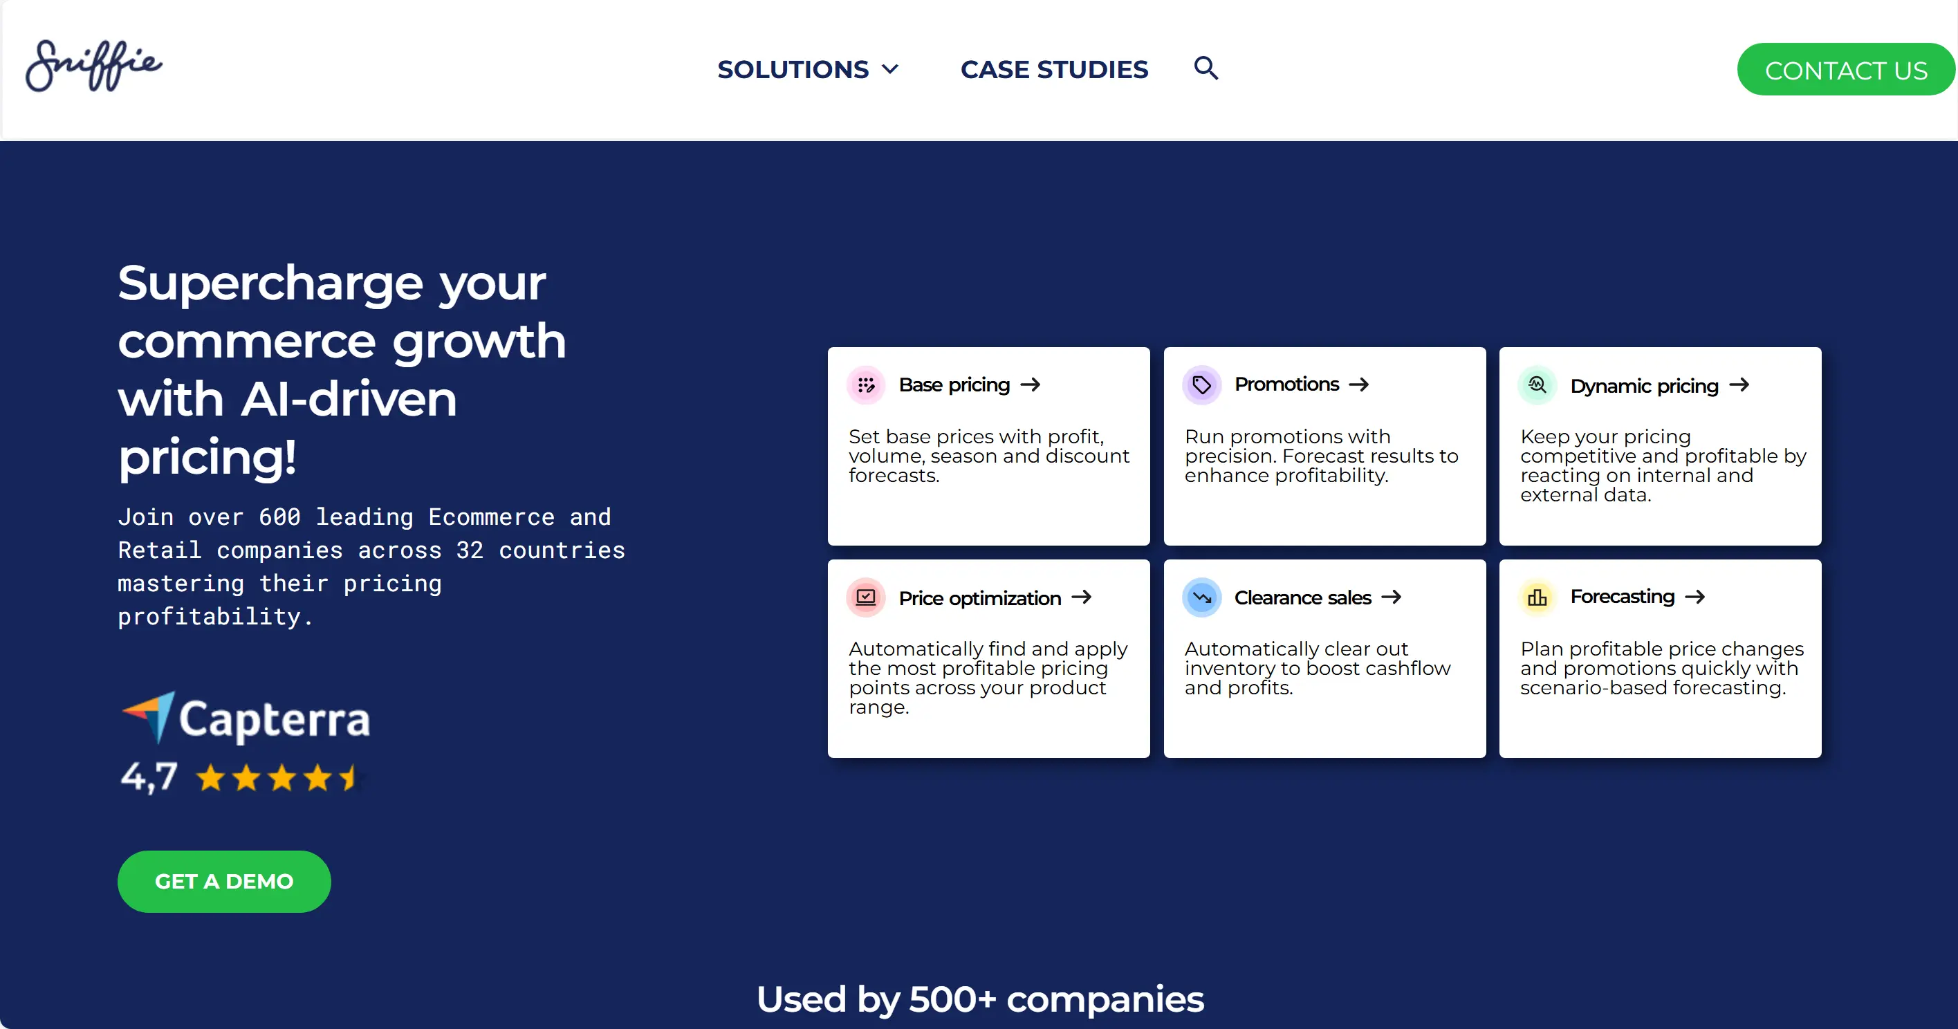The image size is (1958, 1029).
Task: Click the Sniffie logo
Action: coord(93,66)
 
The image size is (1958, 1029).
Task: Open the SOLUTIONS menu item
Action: coord(808,69)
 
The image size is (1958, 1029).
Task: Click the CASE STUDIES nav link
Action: coord(1054,69)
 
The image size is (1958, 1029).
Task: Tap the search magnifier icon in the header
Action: coord(1206,68)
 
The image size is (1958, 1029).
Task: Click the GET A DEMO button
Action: coord(224,882)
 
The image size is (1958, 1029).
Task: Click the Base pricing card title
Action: coord(954,384)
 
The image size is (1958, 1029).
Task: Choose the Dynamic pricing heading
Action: coord(1645,385)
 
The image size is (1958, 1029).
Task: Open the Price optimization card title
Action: coord(980,598)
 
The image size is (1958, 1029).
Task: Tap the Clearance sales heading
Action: coord(1303,597)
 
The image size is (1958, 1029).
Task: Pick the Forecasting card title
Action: coord(1623,597)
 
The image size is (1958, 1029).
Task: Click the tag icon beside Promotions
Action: coord(1202,384)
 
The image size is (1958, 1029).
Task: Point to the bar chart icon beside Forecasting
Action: coord(1537,597)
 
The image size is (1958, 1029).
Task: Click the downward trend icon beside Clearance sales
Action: coord(1202,597)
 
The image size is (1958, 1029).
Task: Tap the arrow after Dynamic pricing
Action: coord(1739,384)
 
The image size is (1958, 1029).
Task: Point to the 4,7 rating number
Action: coord(149,776)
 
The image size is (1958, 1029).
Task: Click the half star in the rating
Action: coord(349,777)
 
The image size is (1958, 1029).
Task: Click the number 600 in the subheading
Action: coord(279,517)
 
